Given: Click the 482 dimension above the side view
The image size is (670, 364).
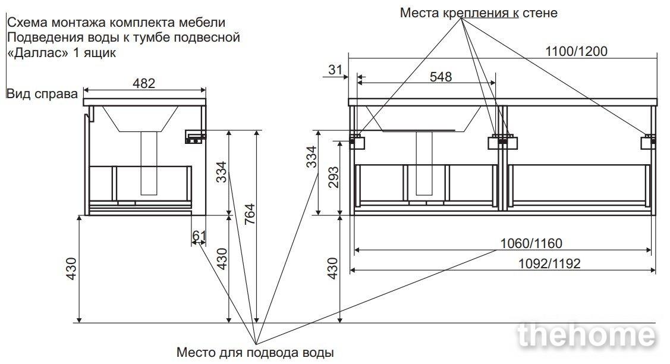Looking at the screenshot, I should pos(143,83).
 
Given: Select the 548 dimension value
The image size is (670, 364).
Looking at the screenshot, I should pos(440,76).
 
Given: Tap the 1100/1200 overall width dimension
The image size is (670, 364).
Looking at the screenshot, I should pos(576,51).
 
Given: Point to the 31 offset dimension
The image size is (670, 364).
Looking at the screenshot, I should pos(336,70).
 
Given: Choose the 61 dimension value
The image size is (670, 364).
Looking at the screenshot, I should pos(199,236).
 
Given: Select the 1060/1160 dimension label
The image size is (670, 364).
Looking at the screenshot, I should pos(531,243).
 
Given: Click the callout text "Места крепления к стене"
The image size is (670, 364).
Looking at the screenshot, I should pos(479,12).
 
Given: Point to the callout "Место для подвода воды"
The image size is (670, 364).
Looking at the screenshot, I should pos(255,352).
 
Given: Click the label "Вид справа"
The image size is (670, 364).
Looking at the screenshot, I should pos(42,94).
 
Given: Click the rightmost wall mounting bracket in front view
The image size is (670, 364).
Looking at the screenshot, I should pos(647,142).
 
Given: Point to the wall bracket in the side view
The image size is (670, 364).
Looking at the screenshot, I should pos(195,137).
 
